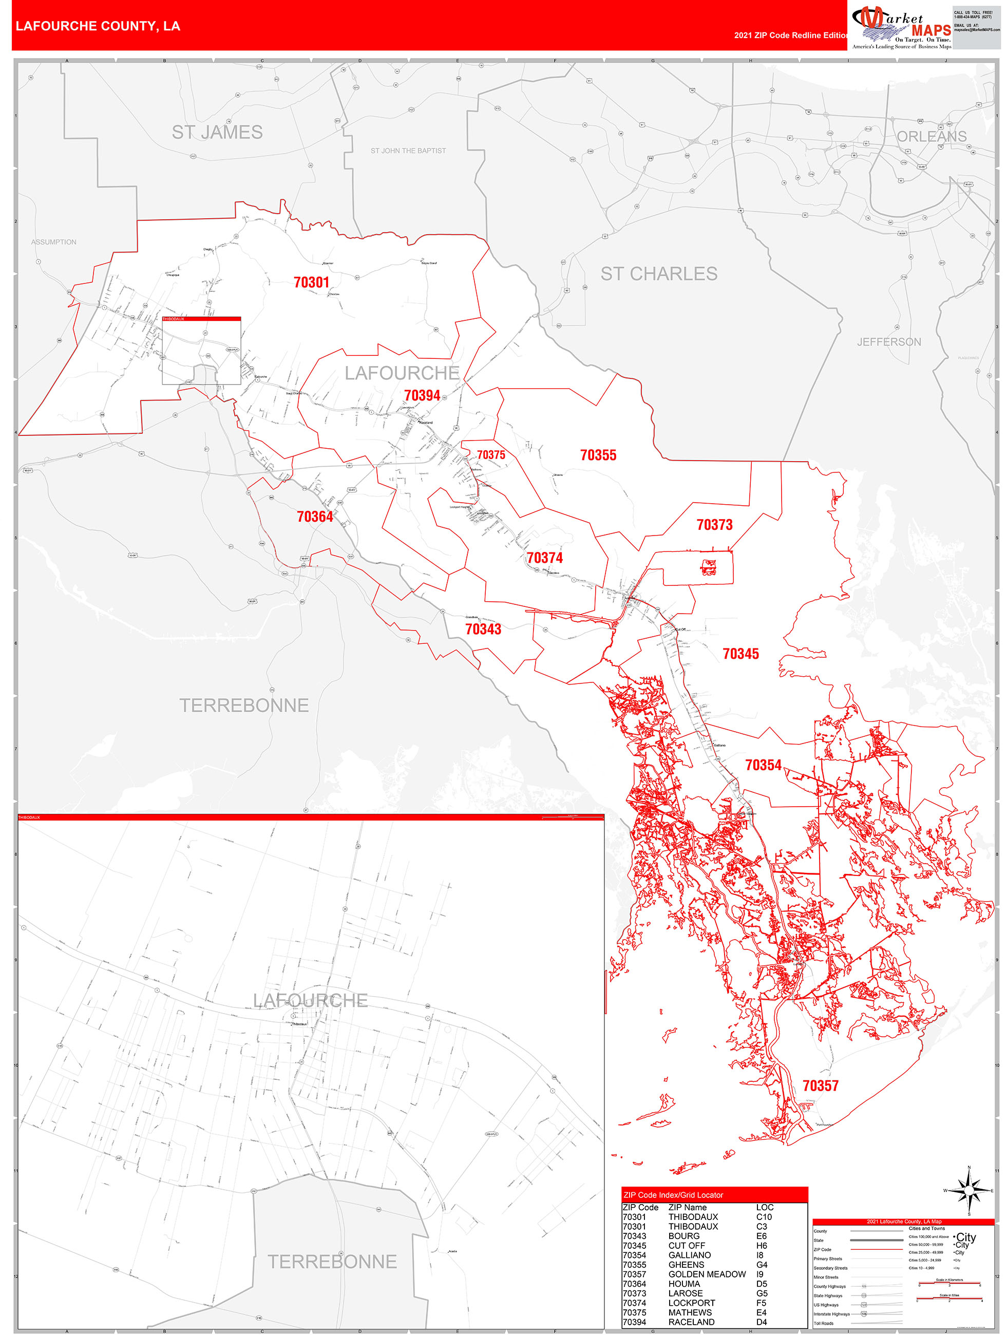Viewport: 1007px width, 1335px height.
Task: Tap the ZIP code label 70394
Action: (422, 395)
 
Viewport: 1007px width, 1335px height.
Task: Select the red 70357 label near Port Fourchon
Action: (820, 1086)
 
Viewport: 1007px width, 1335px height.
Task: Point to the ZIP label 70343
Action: (483, 629)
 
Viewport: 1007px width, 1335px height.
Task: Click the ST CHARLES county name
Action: (659, 274)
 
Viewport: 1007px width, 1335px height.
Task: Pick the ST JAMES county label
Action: (217, 132)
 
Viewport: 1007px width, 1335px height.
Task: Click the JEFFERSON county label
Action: (889, 342)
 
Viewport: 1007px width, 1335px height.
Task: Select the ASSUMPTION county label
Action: (54, 242)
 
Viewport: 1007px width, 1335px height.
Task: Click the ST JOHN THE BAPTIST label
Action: (408, 151)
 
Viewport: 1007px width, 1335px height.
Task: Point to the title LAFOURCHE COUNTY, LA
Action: (98, 26)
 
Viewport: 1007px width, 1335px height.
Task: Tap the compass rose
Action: (969, 1191)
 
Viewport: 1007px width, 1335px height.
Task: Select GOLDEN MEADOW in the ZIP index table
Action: (707, 1274)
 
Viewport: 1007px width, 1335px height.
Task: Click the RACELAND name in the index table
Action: (691, 1322)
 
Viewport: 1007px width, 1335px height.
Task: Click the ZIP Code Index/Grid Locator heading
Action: (673, 1195)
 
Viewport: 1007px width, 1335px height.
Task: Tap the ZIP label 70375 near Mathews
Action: (490, 455)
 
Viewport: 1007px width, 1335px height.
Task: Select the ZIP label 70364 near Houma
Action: (315, 517)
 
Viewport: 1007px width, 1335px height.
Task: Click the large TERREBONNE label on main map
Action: (244, 705)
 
